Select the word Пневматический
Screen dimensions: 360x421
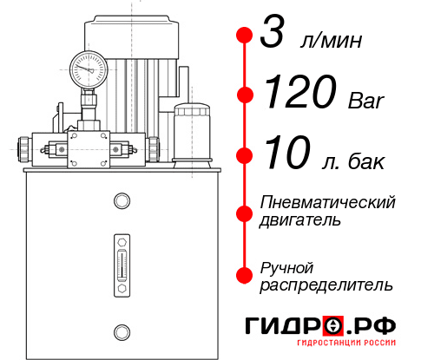(x=327, y=202)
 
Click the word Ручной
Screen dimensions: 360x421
(x=286, y=266)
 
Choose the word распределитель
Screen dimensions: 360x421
(x=326, y=285)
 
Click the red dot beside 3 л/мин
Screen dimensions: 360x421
(x=244, y=36)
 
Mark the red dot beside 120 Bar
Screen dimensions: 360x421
(x=244, y=94)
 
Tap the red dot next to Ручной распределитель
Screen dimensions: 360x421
(x=244, y=275)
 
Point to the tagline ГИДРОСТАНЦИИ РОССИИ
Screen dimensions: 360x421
(x=344, y=349)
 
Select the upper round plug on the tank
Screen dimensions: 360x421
(x=121, y=202)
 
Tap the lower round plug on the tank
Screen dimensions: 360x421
(x=121, y=330)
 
